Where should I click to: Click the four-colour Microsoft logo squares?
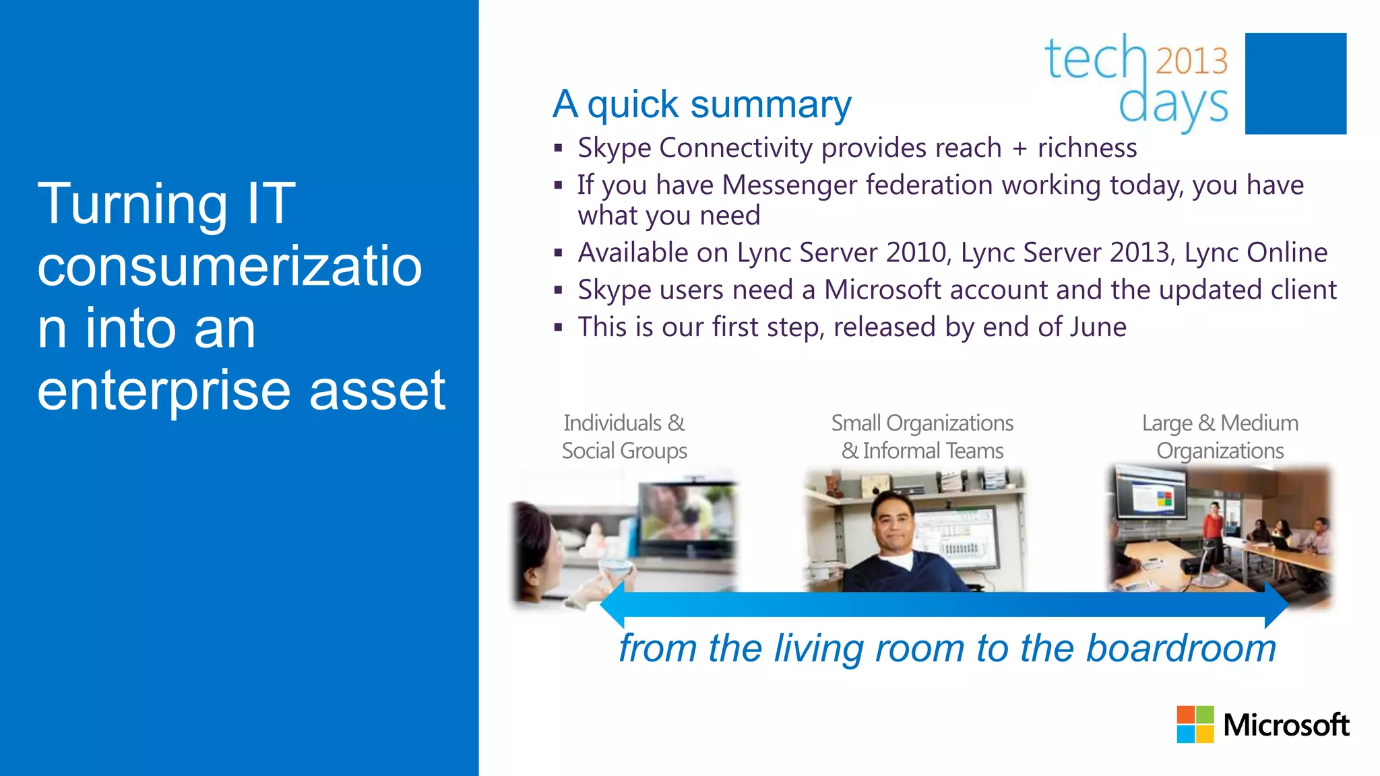(1195, 724)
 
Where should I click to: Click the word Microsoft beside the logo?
(1286, 725)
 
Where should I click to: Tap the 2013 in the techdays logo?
(1191, 61)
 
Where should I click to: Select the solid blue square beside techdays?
(1295, 84)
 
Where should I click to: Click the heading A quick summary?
(701, 104)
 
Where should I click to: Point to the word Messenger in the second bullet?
(790, 185)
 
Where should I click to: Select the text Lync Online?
(1256, 253)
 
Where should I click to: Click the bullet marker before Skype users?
(558, 291)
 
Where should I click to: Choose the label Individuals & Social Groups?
(624, 437)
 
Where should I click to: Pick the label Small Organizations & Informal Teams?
(922, 437)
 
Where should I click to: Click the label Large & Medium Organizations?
(1220, 437)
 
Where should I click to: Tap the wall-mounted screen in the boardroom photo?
(1150, 496)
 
